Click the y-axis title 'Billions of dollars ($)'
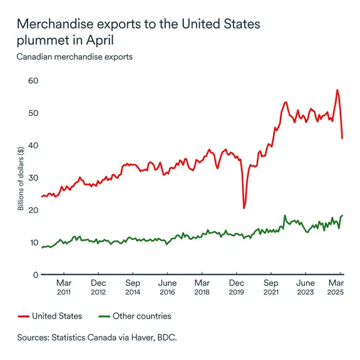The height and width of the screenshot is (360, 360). (x=21, y=178)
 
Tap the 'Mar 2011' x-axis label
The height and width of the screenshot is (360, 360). (x=63, y=287)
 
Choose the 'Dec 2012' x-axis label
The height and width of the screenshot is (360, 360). (x=98, y=287)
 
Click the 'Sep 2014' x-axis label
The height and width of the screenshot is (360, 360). (x=132, y=287)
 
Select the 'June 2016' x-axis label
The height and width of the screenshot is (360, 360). (x=167, y=287)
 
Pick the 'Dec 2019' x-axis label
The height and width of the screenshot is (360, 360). (x=236, y=287)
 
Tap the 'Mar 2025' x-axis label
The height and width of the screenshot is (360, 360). (x=339, y=287)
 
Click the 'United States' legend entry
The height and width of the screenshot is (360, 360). (x=50, y=316)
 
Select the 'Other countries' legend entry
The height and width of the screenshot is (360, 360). (x=135, y=316)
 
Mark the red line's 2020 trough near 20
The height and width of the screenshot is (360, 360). (x=244, y=207)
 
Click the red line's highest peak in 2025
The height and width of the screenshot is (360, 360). (x=337, y=90)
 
